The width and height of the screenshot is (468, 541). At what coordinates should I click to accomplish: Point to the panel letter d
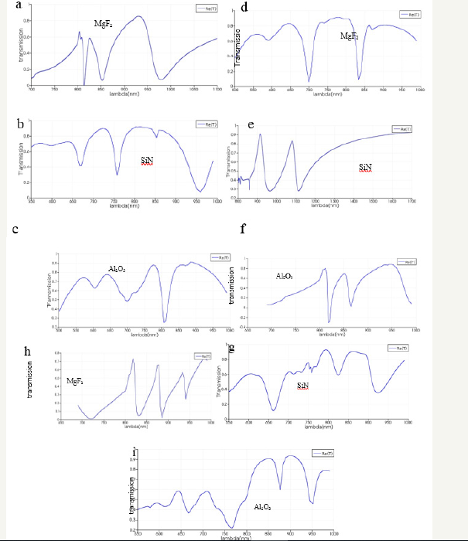coord(244,7)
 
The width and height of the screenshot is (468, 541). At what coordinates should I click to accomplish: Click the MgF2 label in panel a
coord(104,23)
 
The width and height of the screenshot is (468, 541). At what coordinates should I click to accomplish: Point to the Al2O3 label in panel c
coord(118,268)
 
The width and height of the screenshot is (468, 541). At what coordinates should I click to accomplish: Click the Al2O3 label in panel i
coord(264,506)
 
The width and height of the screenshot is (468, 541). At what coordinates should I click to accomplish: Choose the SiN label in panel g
coord(306,386)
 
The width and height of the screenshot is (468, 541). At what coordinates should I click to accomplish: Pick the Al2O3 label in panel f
coord(285,276)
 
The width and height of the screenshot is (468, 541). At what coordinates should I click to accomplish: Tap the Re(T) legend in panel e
coord(402,129)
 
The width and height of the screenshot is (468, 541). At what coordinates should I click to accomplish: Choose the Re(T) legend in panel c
coord(218,257)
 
